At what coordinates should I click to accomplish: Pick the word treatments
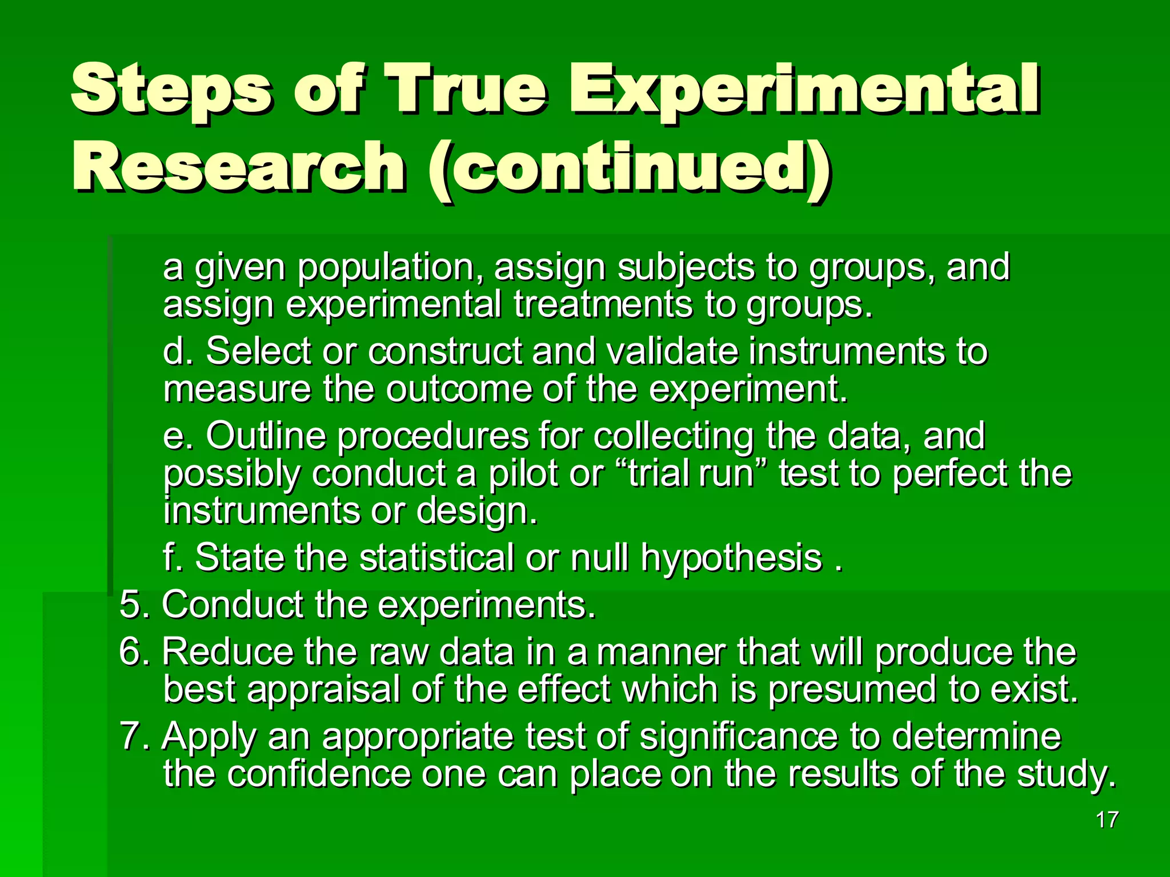tap(603, 305)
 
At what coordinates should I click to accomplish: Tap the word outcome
tap(458, 390)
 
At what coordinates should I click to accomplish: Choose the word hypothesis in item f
tap(731, 558)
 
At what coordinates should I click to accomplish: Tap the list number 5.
tap(130, 605)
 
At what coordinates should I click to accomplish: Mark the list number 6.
tap(130, 651)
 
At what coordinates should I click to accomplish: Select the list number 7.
tap(130, 737)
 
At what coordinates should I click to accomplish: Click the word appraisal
tap(323, 690)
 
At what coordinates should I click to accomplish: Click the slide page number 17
tap(1107, 820)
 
